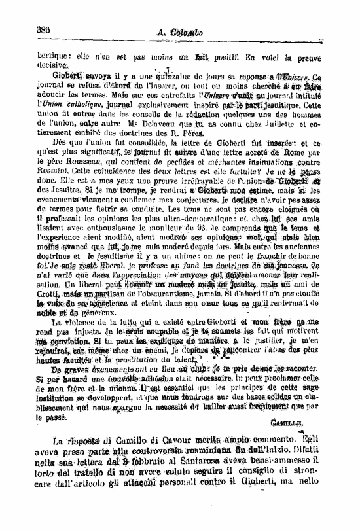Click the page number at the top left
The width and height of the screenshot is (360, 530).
tap(45, 30)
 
